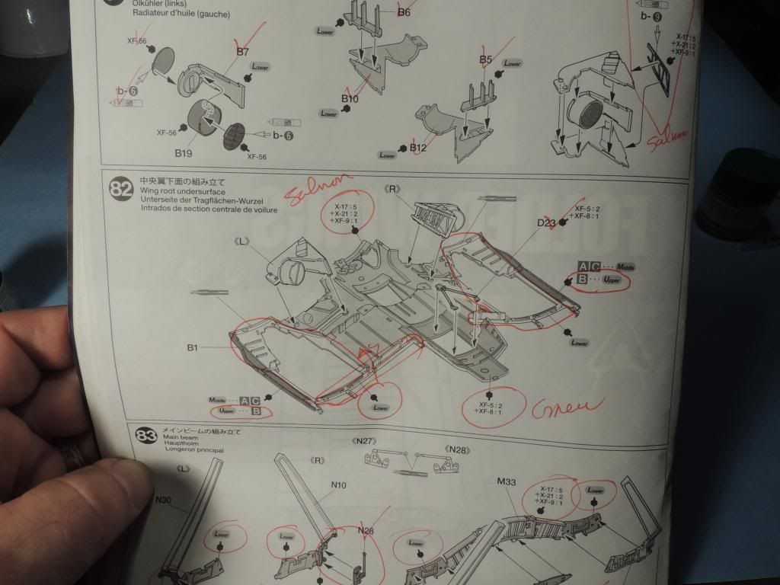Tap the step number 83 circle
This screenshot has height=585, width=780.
pyautogui.click(x=145, y=436)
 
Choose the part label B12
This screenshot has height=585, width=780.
pyautogui.click(x=417, y=147)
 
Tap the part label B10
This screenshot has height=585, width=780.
pyautogui.click(x=350, y=99)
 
